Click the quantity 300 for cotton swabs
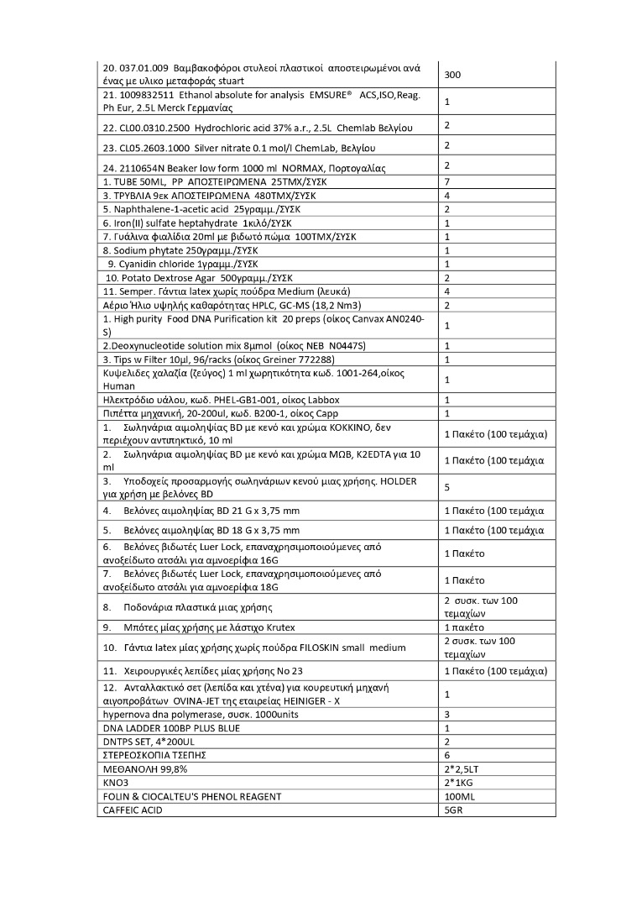(x=452, y=75)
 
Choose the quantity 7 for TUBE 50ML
(x=447, y=181)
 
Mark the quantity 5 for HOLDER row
(x=447, y=486)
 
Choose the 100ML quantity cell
(x=458, y=796)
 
